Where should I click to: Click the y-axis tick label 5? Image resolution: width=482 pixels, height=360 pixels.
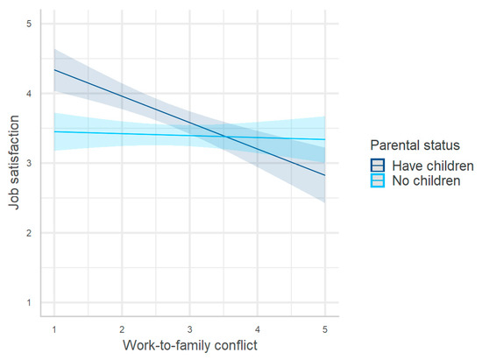coord(28,24)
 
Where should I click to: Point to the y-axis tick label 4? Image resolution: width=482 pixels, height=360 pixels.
coord(28,93)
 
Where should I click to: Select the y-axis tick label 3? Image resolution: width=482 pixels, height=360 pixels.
coord(28,163)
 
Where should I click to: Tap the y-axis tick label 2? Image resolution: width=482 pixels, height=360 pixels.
coord(28,233)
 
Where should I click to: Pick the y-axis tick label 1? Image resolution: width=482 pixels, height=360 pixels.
coord(28,302)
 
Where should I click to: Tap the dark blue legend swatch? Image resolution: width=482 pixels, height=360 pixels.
coord(378,165)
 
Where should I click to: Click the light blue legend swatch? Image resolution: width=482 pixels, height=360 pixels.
coord(378,180)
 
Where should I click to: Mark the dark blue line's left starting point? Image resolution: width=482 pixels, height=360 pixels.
coord(54,69)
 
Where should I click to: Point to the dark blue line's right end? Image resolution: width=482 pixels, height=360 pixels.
coord(324,175)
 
